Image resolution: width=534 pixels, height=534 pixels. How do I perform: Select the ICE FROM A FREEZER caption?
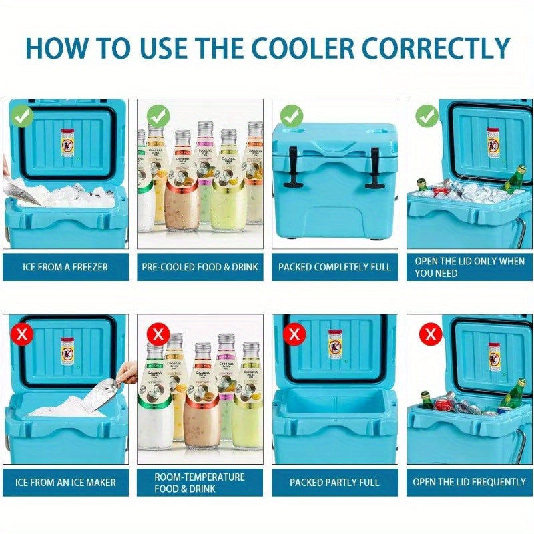pyautogui.click(x=65, y=267)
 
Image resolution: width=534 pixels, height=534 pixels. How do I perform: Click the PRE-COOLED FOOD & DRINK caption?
pyautogui.click(x=200, y=267)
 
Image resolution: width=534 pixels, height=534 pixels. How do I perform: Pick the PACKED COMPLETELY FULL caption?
pyautogui.click(x=335, y=267)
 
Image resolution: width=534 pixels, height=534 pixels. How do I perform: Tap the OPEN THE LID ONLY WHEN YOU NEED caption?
pyautogui.click(x=469, y=267)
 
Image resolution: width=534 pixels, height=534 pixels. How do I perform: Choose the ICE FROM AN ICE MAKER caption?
pyautogui.click(x=65, y=482)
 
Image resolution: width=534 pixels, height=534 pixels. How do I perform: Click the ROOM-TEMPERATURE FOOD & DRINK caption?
pyautogui.click(x=200, y=482)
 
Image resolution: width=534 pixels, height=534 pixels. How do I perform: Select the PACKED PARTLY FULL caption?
pyautogui.click(x=335, y=482)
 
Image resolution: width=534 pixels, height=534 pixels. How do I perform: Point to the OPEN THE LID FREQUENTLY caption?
pyautogui.click(x=469, y=482)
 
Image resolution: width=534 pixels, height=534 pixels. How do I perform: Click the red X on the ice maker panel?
pyautogui.click(x=23, y=334)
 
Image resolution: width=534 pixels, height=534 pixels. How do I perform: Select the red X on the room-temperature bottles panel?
pyautogui.click(x=158, y=333)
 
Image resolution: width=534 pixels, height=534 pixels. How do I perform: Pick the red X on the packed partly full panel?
pyautogui.click(x=293, y=334)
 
